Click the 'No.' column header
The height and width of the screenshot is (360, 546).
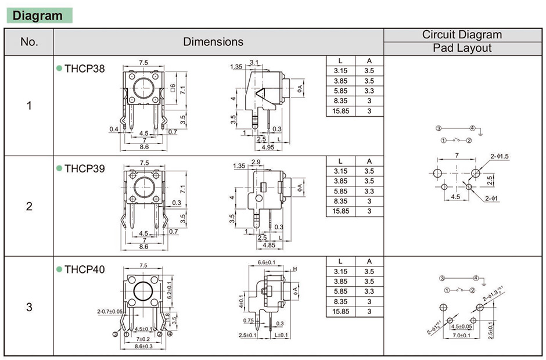[29, 42]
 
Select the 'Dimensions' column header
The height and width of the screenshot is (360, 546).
[213, 42]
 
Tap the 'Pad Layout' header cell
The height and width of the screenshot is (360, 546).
[462, 48]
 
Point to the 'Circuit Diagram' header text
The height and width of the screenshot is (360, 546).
[462, 35]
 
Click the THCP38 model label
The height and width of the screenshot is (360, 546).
[85, 69]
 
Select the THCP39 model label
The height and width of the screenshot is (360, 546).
[85, 169]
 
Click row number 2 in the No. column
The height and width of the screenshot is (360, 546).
[29, 206]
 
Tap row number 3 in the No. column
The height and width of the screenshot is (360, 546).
[29, 307]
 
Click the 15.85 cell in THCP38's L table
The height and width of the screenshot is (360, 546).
[340, 111]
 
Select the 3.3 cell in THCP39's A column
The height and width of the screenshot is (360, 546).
[369, 191]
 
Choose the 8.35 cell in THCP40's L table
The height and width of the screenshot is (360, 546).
[340, 302]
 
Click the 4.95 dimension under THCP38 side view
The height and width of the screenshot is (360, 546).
[268, 147]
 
